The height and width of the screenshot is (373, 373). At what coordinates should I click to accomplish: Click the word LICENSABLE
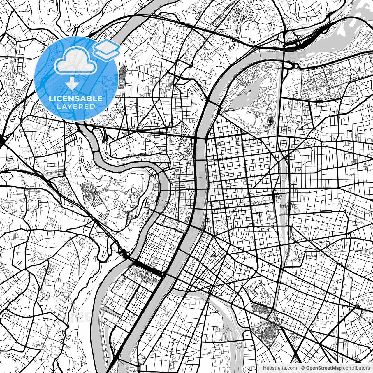[x=76, y=98]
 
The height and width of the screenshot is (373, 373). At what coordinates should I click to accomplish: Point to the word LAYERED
[x=76, y=107]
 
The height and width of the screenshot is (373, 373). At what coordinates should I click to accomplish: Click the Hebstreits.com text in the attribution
[x=280, y=368]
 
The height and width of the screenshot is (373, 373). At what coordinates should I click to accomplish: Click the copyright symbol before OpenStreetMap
[x=303, y=368]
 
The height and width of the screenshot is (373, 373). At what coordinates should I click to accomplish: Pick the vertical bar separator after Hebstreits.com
[x=299, y=368]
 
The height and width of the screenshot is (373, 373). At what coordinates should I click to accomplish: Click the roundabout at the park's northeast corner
[x=296, y=66]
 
